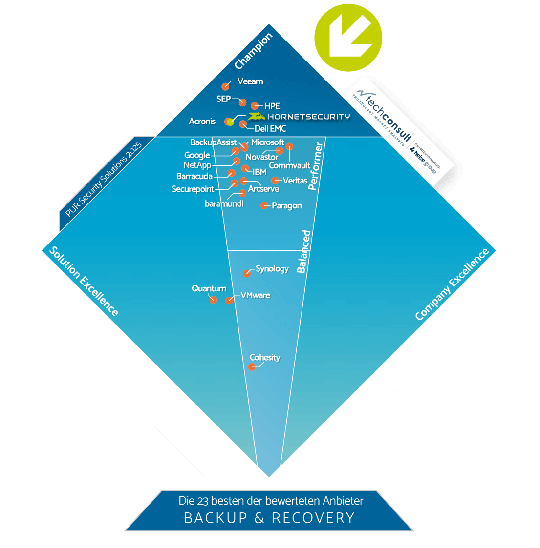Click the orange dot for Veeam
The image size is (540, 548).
[x=225, y=86]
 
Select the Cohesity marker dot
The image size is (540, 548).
[x=252, y=367]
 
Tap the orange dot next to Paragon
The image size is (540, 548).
[x=264, y=205]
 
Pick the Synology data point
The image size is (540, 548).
[x=247, y=273]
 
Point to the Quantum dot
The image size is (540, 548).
[x=213, y=300]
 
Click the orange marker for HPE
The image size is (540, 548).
[x=255, y=106]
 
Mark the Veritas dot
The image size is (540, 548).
[x=275, y=181]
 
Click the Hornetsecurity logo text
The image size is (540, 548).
[x=299, y=117]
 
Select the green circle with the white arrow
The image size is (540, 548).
[x=348, y=38]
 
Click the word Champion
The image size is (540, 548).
[x=253, y=51]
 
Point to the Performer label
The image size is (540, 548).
[x=316, y=166]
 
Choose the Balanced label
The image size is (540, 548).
[x=304, y=252]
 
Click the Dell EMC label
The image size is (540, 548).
[x=270, y=129]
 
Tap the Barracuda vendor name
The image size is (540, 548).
[x=194, y=176]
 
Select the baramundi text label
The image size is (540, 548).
[x=224, y=204]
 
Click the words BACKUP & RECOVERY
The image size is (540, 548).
[x=269, y=518]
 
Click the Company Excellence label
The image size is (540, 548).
[x=452, y=284]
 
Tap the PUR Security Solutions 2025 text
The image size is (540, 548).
[x=104, y=179]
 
